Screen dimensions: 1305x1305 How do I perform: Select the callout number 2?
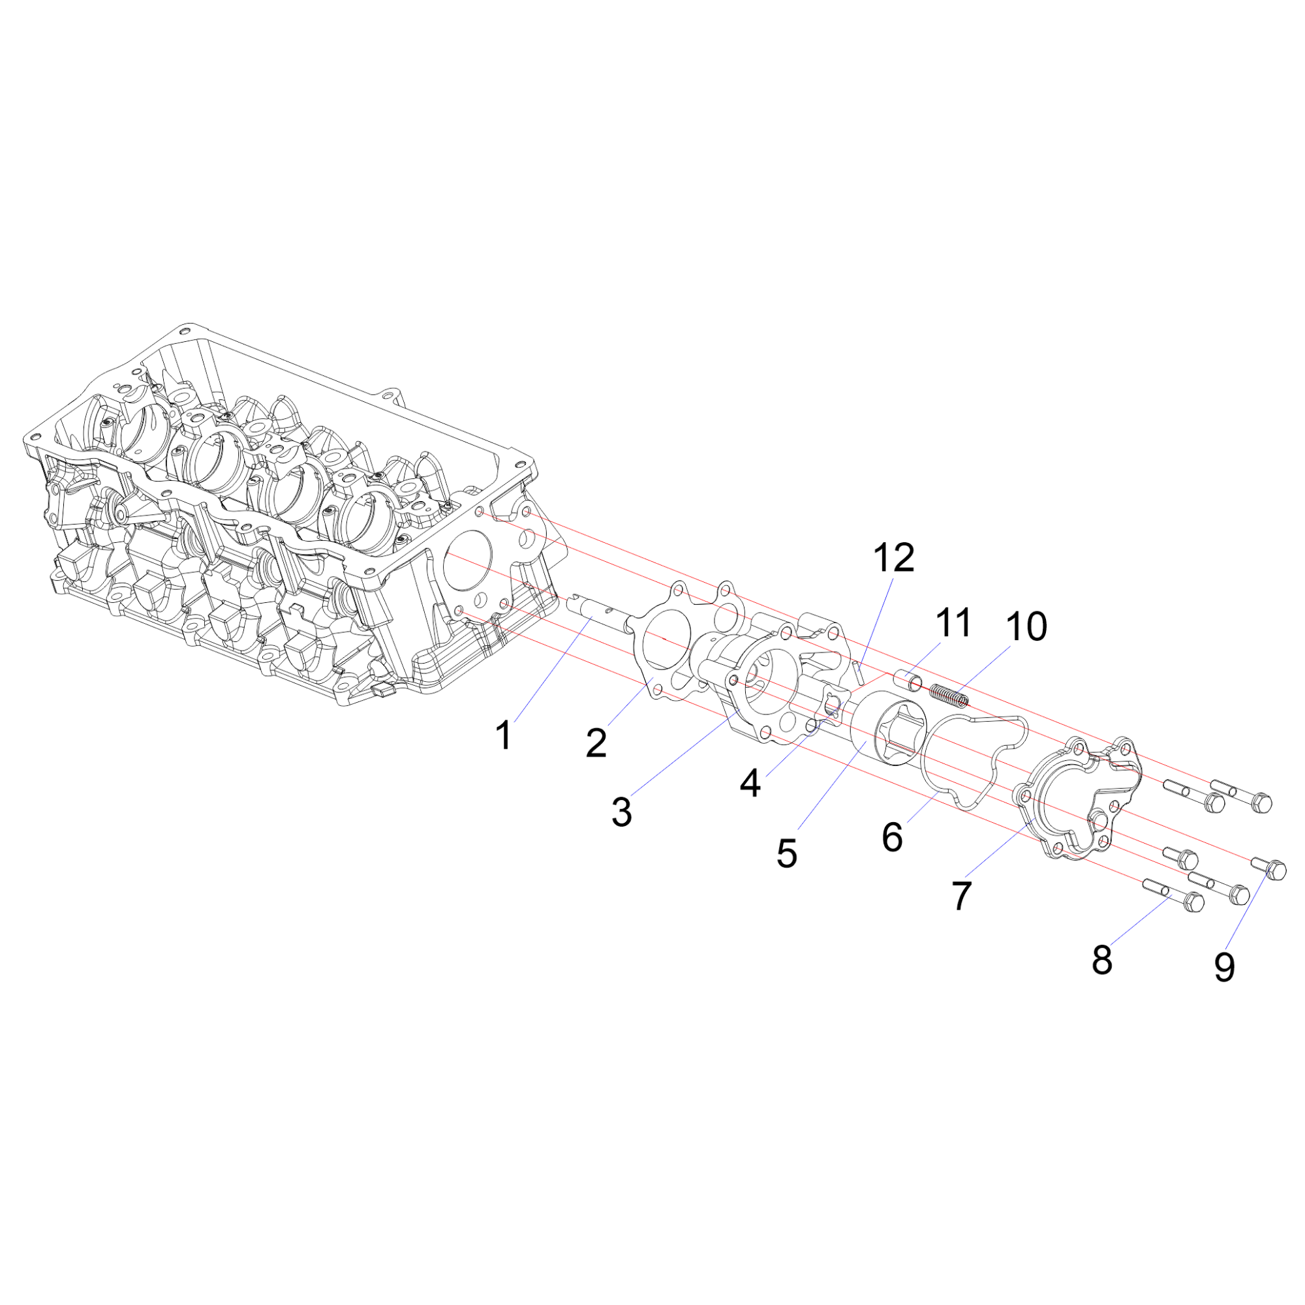click(596, 744)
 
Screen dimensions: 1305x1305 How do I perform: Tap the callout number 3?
click(621, 812)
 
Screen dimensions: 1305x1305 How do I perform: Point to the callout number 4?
click(750, 784)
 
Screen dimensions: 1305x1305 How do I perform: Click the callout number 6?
click(892, 838)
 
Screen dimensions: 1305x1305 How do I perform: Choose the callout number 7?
click(962, 897)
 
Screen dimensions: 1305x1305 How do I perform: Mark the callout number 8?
click(1101, 960)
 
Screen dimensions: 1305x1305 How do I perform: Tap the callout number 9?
click(1225, 967)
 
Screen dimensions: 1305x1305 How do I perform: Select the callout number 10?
click(1026, 627)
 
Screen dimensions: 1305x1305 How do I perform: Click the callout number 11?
click(953, 622)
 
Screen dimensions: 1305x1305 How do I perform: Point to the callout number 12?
click(894, 558)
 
